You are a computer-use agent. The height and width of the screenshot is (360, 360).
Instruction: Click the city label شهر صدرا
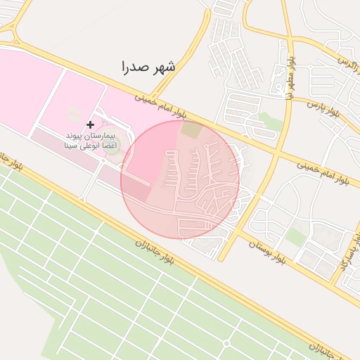pos(148,67)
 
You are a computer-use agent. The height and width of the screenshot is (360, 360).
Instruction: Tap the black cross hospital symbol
pos(90,124)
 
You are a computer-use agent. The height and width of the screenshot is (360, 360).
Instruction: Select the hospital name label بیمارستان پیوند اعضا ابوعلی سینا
pos(89,141)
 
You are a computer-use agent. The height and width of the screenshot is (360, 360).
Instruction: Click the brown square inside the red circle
pos(190,130)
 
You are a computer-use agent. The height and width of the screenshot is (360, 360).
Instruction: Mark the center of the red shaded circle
pos(180,180)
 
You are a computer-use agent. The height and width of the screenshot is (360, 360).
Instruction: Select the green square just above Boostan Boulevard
pos(295,238)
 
